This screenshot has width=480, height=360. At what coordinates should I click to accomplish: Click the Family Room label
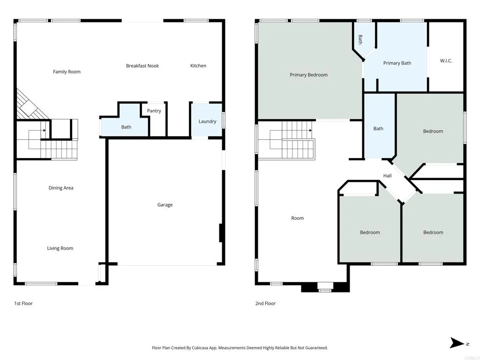pyautogui.click(x=67, y=72)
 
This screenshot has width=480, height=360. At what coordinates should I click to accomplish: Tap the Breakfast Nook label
pyautogui.click(x=142, y=66)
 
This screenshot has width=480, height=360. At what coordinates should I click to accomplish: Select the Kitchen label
pyautogui.click(x=198, y=66)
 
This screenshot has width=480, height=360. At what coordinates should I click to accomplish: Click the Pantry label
pyautogui.click(x=154, y=111)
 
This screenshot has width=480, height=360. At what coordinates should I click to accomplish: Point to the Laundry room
pyautogui.click(x=207, y=121)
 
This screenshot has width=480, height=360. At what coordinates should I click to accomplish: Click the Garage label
pyautogui.click(x=165, y=205)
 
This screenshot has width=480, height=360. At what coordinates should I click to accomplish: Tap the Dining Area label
pyautogui.click(x=61, y=188)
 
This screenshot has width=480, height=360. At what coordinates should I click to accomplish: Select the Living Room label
pyautogui.click(x=60, y=248)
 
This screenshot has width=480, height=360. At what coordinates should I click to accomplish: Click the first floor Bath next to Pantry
pyautogui.click(x=126, y=127)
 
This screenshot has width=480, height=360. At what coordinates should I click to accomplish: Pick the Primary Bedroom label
pyautogui.click(x=308, y=75)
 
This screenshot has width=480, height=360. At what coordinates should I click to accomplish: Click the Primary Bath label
pyautogui.click(x=397, y=63)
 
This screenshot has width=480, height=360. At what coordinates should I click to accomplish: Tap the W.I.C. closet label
pyautogui.click(x=446, y=61)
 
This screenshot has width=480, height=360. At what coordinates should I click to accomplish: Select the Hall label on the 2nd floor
pyautogui.click(x=387, y=176)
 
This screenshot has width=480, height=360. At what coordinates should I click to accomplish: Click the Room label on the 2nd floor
pyautogui.click(x=297, y=218)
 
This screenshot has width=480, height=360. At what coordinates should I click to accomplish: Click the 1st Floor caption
pyautogui.click(x=23, y=303)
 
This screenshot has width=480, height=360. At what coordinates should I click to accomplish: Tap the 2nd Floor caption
pyautogui.click(x=265, y=303)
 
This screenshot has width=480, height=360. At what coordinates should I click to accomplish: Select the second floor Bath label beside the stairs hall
pyautogui.click(x=378, y=128)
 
